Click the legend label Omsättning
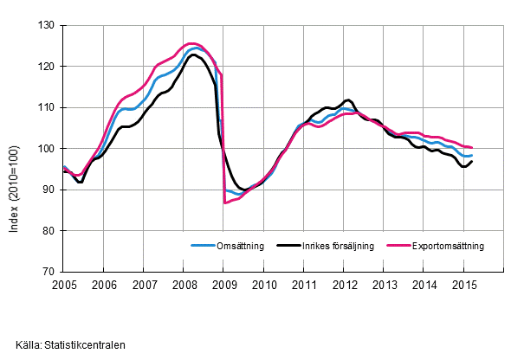pyautogui.click(x=249, y=246)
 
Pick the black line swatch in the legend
pyautogui.click(x=288, y=246)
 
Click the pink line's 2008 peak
pyautogui.click(x=191, y=43)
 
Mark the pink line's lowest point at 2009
pyautogui.click(x=224, y=202)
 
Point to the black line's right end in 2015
pyautogui.click(x=472, y=161)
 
